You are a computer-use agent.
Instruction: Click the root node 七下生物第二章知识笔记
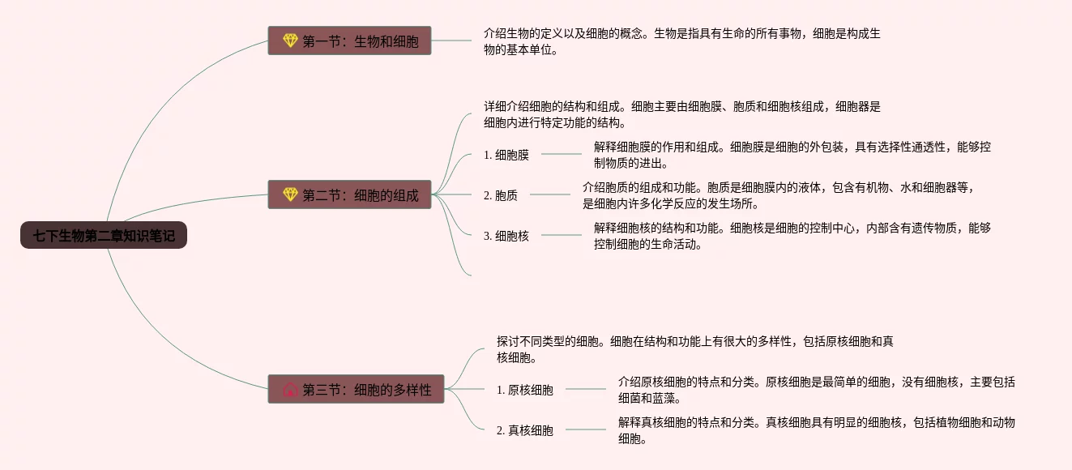coord(104,236)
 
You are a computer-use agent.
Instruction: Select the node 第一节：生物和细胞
coord(349,41)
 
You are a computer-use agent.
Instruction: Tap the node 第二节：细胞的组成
coord(349,194)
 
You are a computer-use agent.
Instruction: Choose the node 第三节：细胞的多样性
coord(356,390)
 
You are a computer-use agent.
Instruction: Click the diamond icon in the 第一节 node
coord(290,41)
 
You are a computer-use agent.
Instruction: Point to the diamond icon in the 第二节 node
coord(290,194)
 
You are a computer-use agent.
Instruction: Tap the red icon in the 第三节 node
coord(290,390)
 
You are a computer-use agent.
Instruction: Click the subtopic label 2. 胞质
coord(500,194)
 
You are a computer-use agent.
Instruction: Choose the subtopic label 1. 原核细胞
coord(524,390)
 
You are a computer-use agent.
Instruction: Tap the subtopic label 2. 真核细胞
coord(524,430)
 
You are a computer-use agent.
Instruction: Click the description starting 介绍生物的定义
coord(681,41)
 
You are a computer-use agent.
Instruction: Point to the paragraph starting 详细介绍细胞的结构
coord(681,114)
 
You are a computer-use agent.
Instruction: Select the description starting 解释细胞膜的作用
coord(792,155)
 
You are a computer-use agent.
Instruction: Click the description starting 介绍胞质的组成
coord(777,195)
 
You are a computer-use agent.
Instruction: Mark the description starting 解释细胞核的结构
coord(792,236)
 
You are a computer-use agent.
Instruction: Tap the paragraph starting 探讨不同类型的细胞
coord(694,349)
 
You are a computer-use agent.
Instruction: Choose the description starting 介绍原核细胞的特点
coord(816,390)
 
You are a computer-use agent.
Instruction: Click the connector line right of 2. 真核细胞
coord(585,429)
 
